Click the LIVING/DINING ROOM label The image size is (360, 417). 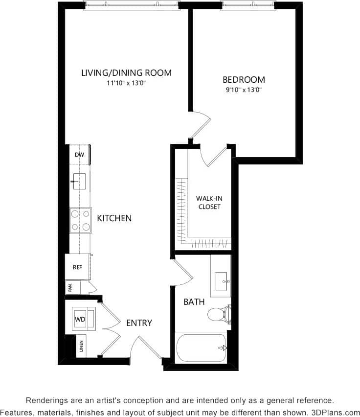coord(126,73)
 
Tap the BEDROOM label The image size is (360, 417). coord(244,79)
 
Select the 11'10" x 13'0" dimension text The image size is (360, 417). coord(126,83)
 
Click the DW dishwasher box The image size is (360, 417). coord(79,155)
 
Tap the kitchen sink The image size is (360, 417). coord(79,181)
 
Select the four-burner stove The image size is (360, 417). coord(81,220)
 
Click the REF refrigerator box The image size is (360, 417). coord(77,267)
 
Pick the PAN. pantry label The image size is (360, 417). coord(70,288)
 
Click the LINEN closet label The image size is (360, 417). coord(81,347)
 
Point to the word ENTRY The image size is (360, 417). coord(139,323)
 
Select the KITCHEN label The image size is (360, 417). coord(114,218)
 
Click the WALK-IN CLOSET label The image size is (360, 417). coord(209,203)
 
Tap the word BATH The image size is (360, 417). coord(194,302)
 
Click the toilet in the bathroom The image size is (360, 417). coord(218,314)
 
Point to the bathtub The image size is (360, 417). coord(201,348)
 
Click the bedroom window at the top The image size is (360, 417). coord(248,5)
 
